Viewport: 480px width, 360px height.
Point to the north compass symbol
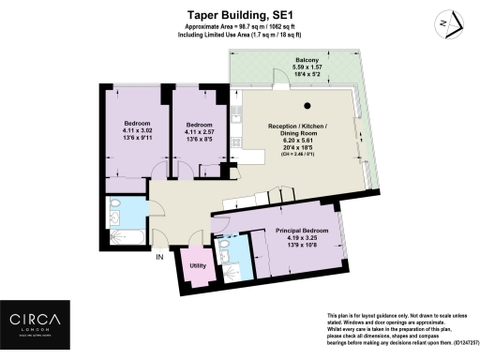click(449, 22)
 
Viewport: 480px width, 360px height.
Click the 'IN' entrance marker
click(159, 256)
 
